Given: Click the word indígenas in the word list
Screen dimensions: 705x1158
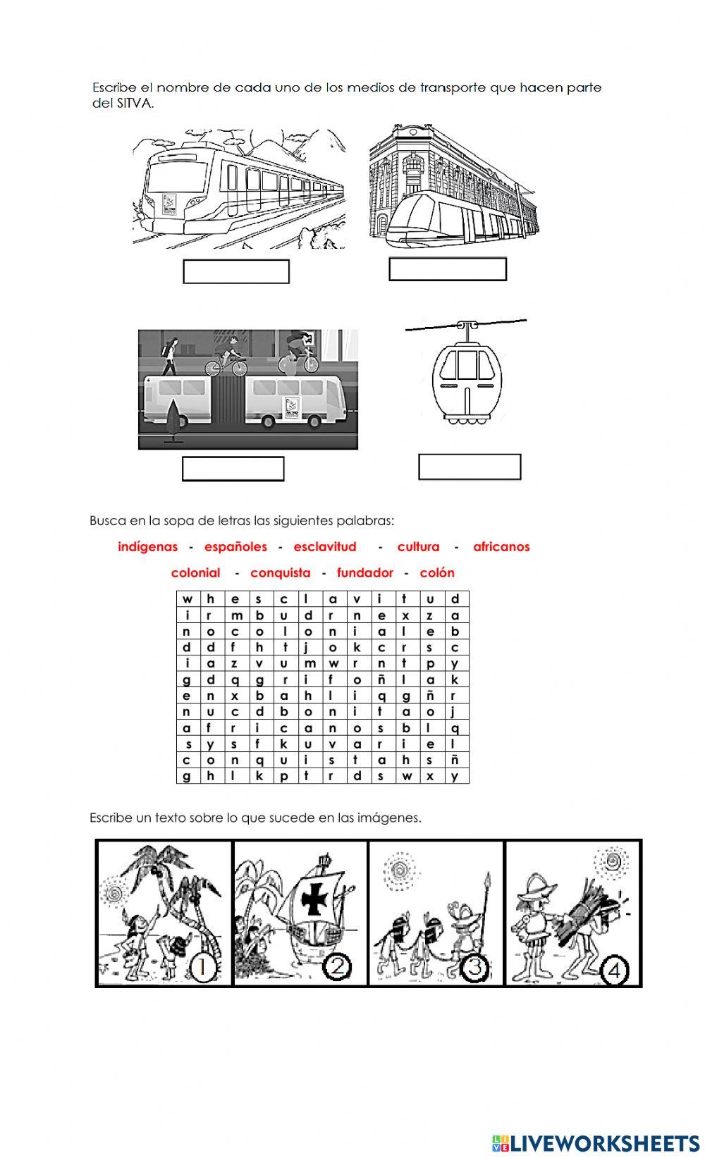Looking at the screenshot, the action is [147, 547].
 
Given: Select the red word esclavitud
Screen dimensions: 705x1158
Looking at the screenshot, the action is [325, 546].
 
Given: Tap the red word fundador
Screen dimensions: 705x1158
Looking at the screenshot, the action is [364, 573].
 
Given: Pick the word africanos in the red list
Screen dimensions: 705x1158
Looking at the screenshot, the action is [501, 546].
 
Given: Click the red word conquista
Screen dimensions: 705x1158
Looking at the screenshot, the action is [281, 573].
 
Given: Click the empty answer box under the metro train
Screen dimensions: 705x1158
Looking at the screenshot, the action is [236, 271].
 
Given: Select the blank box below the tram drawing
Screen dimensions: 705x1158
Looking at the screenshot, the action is [448, 269].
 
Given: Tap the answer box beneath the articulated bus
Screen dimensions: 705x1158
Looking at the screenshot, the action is [233, 469].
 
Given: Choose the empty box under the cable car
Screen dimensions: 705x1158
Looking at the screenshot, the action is [469, 467].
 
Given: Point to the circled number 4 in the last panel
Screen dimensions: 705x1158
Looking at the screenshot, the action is [614, 970].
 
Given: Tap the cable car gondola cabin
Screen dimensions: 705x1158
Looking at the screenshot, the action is [467, 380].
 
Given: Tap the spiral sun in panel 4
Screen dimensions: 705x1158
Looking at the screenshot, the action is [613, 861].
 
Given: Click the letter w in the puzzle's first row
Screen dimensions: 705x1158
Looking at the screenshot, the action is [188, 599].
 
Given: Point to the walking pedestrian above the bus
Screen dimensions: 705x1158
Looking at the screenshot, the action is [170, 356].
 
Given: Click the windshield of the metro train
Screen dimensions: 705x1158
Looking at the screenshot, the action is [176, 175].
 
